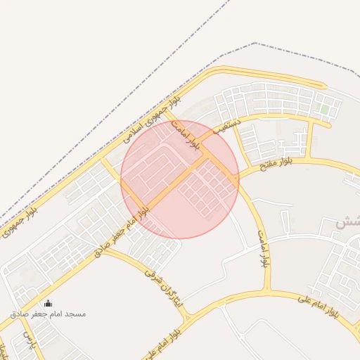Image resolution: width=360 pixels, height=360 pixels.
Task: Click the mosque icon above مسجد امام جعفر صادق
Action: pyautogui.click(x=48, y=304)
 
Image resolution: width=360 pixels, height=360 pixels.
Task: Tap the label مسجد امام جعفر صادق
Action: pyautogui.click(x=48, y=314)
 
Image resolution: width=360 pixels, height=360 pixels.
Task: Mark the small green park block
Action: pyautogui.click(x=324, y=109)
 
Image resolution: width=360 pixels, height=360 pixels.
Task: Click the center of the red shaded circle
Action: pyautogui.click(x=180, y=179)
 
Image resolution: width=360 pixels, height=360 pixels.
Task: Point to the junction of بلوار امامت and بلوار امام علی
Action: pyautogui.click(x=268, y=290)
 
